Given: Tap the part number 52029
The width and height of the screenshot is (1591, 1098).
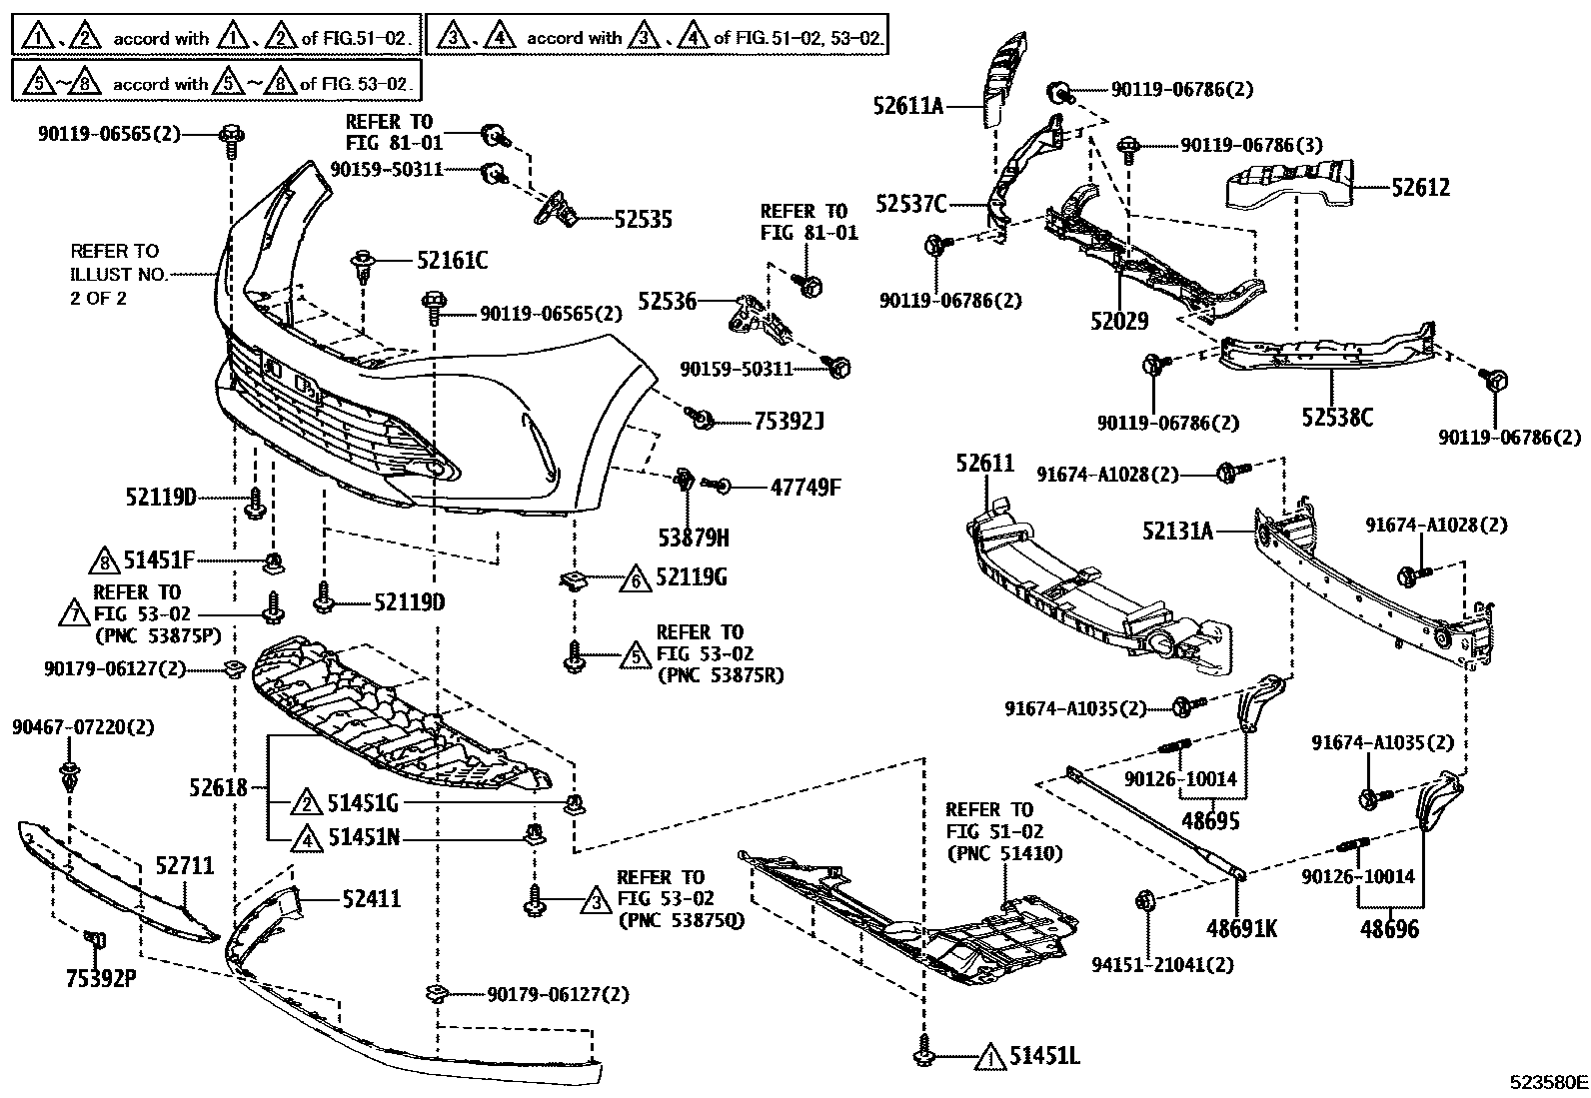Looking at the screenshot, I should click(1119, 322).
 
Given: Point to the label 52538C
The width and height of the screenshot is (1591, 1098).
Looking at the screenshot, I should click(1336, 417).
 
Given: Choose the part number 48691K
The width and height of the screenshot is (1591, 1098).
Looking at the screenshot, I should click(1241, 929).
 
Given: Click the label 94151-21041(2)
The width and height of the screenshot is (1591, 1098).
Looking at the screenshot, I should click(1162, 965).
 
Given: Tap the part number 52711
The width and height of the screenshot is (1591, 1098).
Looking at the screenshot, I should click(185, 866).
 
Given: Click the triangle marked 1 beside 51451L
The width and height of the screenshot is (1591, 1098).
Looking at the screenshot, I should click(989, 1056).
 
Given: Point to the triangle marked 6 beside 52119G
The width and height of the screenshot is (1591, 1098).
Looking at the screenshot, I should click(635, 578).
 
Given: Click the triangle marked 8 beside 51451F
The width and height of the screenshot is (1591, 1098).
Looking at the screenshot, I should click(101, 560).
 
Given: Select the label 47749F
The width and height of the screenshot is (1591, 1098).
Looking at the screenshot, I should click(805, 488).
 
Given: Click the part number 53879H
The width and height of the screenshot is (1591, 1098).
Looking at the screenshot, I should click(694, 539).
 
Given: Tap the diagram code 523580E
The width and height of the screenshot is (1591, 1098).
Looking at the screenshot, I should click(1548, 1082).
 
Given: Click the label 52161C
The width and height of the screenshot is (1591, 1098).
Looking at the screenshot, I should click(452, 261).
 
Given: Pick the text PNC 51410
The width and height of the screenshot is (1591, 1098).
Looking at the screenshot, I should click(1004, 853).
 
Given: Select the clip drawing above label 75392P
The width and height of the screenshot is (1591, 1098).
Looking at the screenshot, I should click(97, 939).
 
